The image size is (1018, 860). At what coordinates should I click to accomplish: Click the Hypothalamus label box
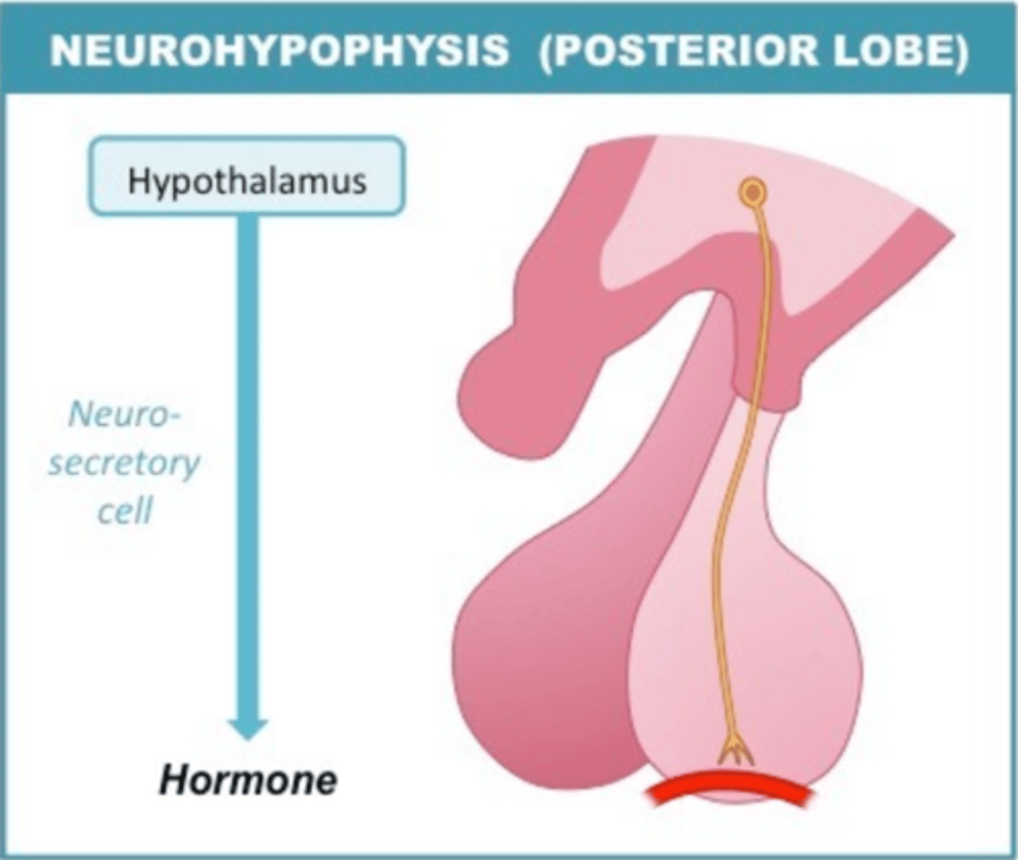tap(246, 177)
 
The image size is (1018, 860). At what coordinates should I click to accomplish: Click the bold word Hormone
tap(248, 780)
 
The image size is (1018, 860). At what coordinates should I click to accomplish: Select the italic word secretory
tap(124, 464)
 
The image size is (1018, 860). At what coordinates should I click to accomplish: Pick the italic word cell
tap(125, 512)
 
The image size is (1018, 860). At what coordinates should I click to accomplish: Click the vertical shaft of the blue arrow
tap(248, 466)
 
